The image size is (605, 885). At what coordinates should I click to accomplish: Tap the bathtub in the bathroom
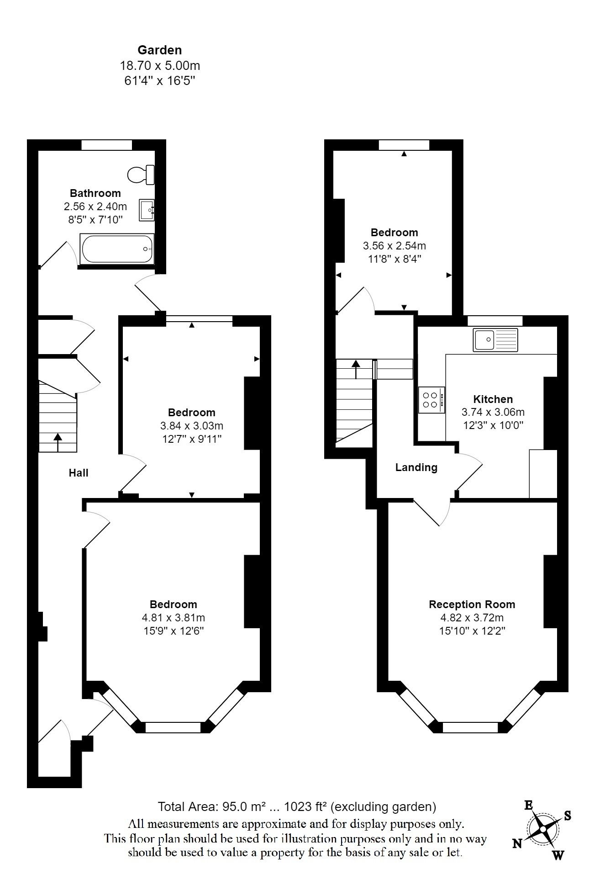(x=117, y=249)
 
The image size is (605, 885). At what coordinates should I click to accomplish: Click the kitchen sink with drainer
(x=495, y=340)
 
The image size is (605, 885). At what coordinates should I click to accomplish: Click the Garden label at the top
(x=160, y=50)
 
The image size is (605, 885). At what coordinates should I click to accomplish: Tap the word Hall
(x=79, y=473)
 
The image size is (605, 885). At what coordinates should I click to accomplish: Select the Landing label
(x=416, y=467)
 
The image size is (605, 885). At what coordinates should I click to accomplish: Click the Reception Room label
(x=472, y=604)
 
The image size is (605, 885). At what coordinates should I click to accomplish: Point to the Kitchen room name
(x=493, y=399)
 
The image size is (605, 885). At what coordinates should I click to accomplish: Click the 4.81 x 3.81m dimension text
(x=174, y=618)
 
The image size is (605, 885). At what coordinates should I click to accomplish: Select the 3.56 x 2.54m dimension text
(x=395, y=246)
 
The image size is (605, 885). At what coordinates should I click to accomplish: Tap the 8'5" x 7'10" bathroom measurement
(x=95, y=220)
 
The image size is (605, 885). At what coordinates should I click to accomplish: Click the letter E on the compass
(x=529, y=806)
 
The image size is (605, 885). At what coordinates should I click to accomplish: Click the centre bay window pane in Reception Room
(x=470, y=727)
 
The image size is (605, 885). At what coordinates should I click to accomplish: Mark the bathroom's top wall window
(x=107, y=145)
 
